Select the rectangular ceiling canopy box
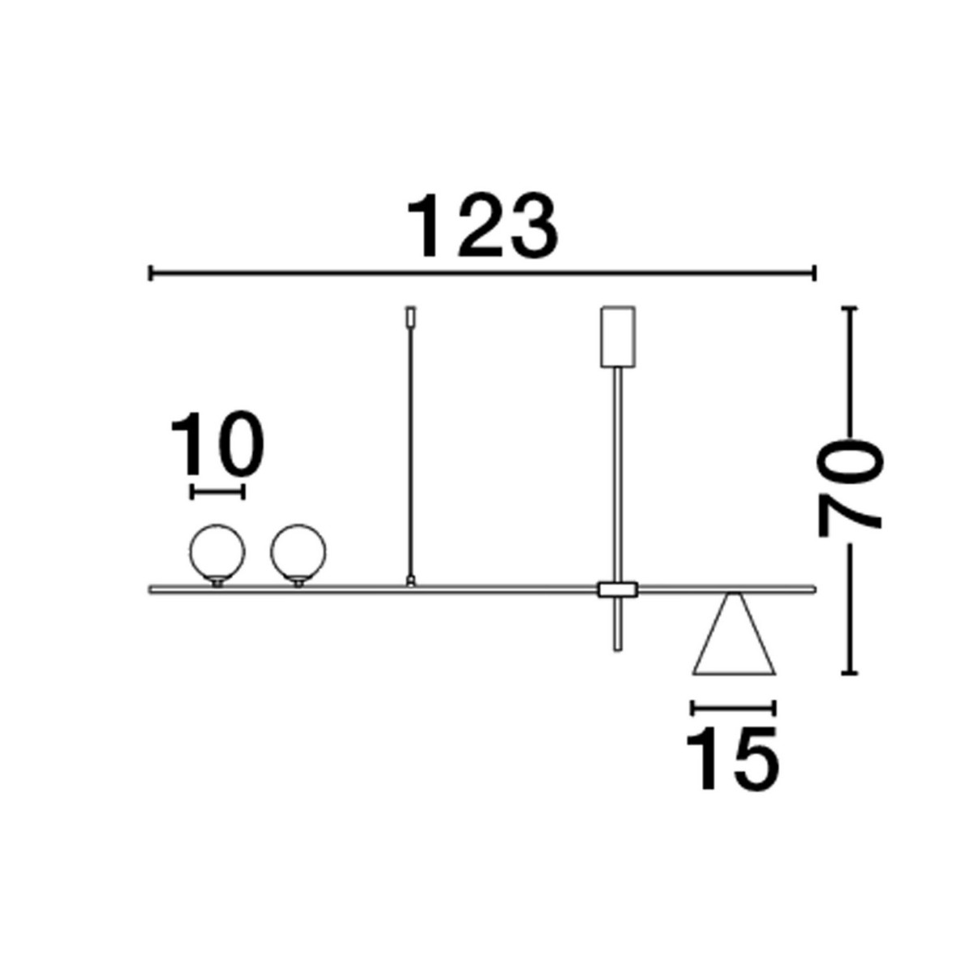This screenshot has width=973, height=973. click(618, 336)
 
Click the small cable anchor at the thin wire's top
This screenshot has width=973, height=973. click(411, 315)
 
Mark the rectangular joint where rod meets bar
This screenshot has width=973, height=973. click(618, 589)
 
